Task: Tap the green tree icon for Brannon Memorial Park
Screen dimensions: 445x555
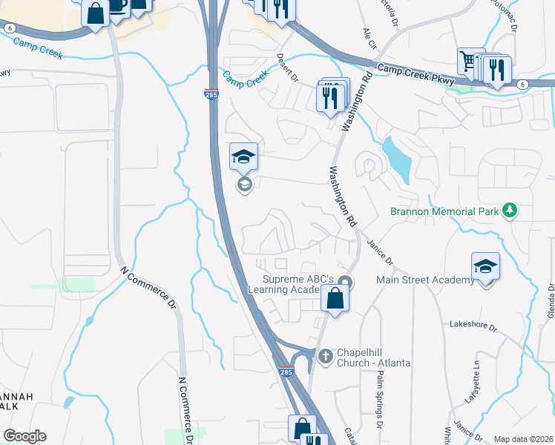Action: pos(509,211)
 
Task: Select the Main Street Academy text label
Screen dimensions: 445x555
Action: pos(424,280)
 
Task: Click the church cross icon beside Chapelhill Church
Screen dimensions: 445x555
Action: pos(324,357)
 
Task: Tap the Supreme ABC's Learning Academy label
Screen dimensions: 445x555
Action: pos(301,286)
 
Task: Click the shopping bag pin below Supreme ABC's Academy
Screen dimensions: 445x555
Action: pos(335,300)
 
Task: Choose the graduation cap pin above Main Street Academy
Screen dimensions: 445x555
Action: pos(485,266)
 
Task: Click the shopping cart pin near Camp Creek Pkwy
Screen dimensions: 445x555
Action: pos(470,62)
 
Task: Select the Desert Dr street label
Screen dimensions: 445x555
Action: pos(288,67)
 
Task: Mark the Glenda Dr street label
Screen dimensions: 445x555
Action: pos(550,304)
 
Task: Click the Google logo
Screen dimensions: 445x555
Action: pos(24,436)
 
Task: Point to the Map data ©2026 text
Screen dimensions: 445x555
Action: pos(523,439)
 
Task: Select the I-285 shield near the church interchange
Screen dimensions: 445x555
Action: pos(286,372)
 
